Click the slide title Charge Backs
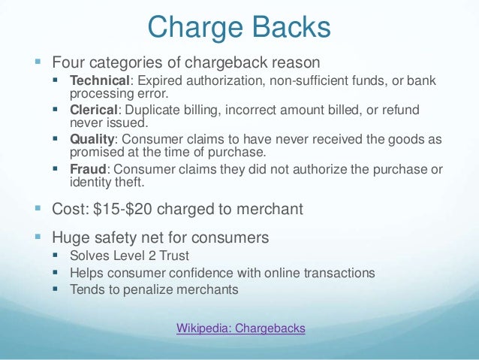(239, 28)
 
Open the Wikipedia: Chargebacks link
(240, 328)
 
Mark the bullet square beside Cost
(38, 210)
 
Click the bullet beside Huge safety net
(38, 238)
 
